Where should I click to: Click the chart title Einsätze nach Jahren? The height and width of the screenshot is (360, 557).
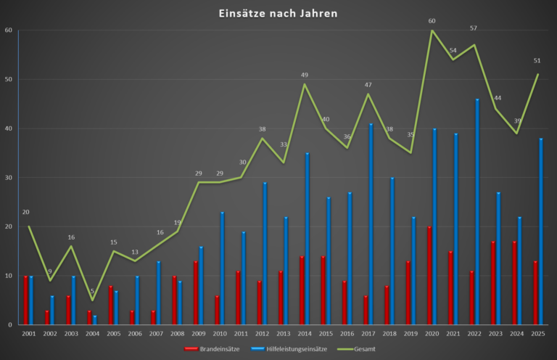(278, 13)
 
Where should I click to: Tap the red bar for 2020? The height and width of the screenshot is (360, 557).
(429, 276)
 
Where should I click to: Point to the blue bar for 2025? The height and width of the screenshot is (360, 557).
(541, 232)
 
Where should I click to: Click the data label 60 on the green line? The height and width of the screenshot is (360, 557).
(432, 21)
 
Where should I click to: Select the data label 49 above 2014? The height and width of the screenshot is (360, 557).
(305, 75)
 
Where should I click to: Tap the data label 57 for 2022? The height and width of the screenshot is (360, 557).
(474, 28)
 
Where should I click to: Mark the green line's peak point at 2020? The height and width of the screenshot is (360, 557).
(432, 30)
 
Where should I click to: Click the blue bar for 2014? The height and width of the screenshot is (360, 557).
(308, 239)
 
